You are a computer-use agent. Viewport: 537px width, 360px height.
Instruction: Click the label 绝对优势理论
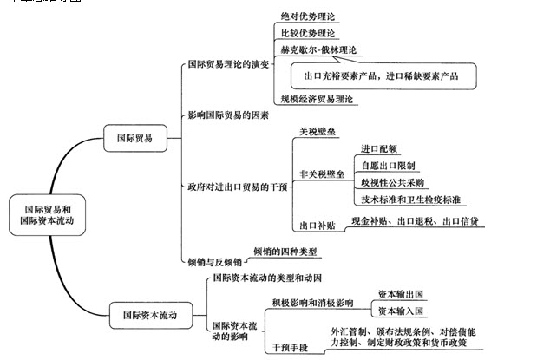pos(307,16)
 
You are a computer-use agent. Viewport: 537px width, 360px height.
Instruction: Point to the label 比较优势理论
pos(307,33)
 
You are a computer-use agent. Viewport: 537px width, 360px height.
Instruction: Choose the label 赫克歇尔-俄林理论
pos(318,51)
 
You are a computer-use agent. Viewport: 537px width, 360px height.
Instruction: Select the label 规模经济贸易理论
pos(318,100)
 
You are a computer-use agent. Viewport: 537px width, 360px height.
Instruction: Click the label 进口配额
pos(383,149)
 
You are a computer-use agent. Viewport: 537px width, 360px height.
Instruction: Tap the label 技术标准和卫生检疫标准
pos(413,200)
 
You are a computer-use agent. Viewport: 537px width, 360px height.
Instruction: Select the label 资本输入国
pos(400,310)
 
